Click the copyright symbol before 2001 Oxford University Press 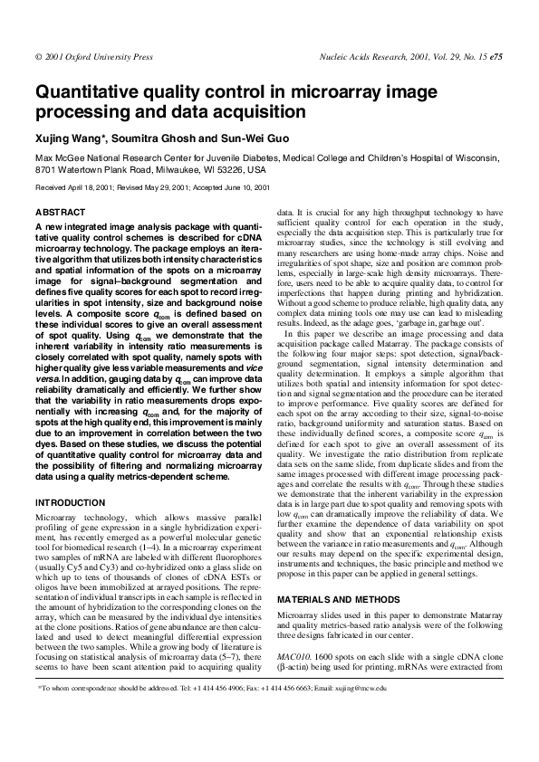pyautogui.click(x=37, y=57)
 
